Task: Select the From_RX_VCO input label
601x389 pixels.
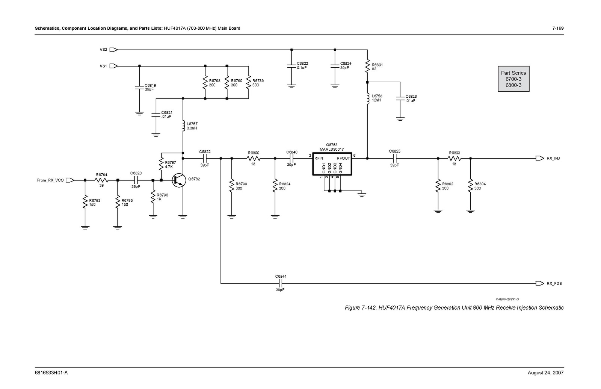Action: [50, 180]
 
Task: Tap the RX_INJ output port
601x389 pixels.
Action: [540, 158]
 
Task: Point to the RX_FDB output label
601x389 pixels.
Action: [554, 283]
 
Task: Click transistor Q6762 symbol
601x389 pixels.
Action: [178, 180]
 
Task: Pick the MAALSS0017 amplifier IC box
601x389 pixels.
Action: [332, 163]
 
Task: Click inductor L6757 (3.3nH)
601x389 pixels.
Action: [183, 126]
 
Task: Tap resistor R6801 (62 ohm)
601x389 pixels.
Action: [367, 67]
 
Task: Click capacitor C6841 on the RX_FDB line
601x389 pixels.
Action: [280, 283]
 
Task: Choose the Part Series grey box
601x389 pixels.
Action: [513, 79]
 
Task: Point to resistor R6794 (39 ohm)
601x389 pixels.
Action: [101, 180]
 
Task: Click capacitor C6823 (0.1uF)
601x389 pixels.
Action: [291, 66]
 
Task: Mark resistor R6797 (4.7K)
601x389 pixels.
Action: [161, 164]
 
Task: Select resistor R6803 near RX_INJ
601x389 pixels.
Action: [454, 158]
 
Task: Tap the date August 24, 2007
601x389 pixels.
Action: [545, 373]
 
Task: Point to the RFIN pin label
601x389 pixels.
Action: [319, 158]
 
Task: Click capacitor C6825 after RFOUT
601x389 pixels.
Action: [394, 158]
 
